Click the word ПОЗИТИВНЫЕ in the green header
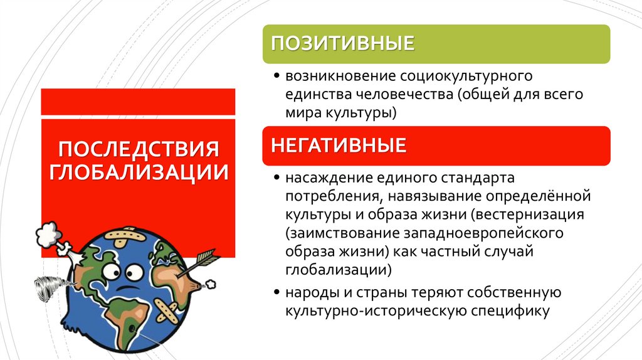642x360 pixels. coord(342,43)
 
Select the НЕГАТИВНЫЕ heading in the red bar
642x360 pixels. coord(339,146)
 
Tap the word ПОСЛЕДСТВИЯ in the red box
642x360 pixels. coord(139,150)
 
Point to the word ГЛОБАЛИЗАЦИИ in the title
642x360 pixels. coord(139,171)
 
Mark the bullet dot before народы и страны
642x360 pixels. coord(277,293)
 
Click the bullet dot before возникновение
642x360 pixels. coord(277,77)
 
